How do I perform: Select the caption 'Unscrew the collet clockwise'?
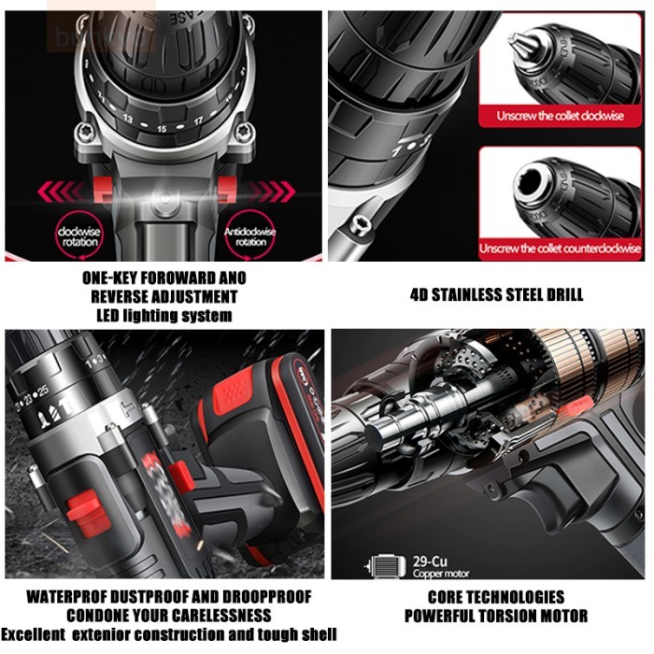pyautogui.click(x=561, y=116)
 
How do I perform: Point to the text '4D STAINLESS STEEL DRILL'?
pyautogui.click(x=497, y=295)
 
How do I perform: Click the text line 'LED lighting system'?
pyautogui.click(x=164, y=316)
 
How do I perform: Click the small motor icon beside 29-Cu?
pyautogui.click(x=381, y=565)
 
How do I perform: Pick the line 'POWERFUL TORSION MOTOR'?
pyautogui.click(x=496, y=616)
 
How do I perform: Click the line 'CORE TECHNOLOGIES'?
pyautogui.click(x=496, y=597)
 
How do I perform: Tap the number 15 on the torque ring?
pyautogui.click(x=162, y=128)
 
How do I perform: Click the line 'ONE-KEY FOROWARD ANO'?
pyautogui.click(x=164, y=278)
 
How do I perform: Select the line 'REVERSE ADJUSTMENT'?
pyautogui.click(x=164, y=297)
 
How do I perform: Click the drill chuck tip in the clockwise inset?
pyautogui.click(x=517, y=41)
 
